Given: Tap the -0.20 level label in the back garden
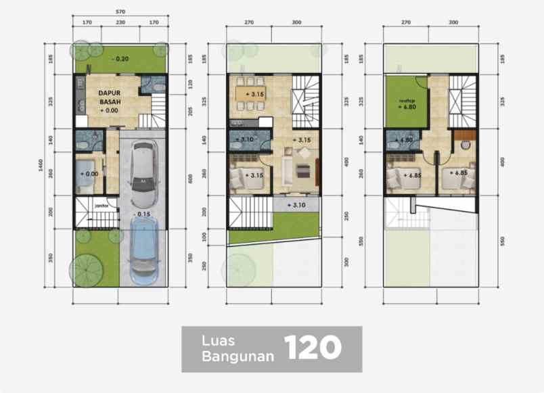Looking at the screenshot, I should (x=122, y=59).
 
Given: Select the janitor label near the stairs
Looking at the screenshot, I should (x=102, y=201).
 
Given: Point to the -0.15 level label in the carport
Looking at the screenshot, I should (x=142, y=214).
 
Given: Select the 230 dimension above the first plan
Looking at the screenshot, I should (x=120, y=22).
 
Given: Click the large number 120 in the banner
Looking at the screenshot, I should (x=312, y=348).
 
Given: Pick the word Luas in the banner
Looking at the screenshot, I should (x=218, y=340).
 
